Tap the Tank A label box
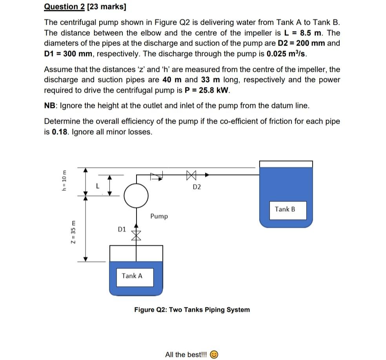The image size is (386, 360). tap(132, 276)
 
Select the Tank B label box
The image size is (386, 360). tap(285, 209)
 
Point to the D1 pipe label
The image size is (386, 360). tap(122, 229)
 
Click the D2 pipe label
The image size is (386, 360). tap(197, 187)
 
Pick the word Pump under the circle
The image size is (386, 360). tap(159, 216)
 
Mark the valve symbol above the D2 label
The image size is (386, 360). tap(191, 174)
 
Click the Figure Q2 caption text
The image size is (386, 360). tap(192, 310)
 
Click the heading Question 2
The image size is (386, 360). tap(61, 7)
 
